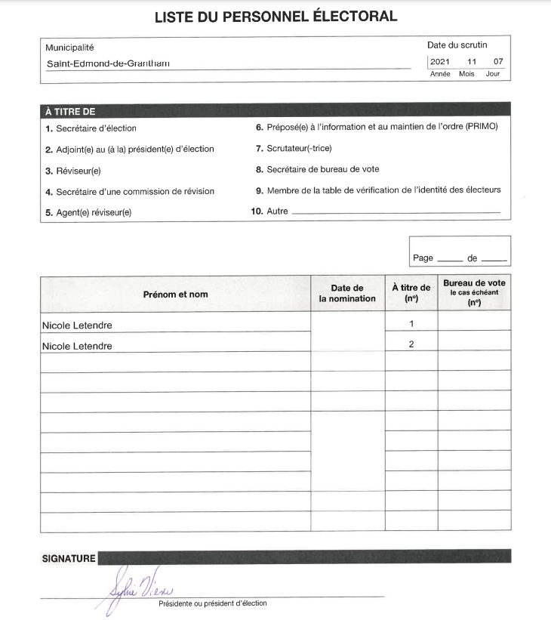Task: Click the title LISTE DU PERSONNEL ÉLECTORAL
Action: coord(275,17)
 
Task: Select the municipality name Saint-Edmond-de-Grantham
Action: coord(107,63)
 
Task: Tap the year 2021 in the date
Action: coord(439,62)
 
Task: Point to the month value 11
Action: coord(472,62)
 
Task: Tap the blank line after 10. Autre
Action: coord(395,212)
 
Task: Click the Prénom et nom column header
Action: coord(175,294)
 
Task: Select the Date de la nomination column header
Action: coord(347,293)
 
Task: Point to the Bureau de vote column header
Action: coord(475,292)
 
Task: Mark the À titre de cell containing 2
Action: coord(411,344)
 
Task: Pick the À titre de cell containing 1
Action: coord(411,323)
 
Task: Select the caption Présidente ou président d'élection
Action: coord(212,603)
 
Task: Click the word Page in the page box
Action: coord(423,258)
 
